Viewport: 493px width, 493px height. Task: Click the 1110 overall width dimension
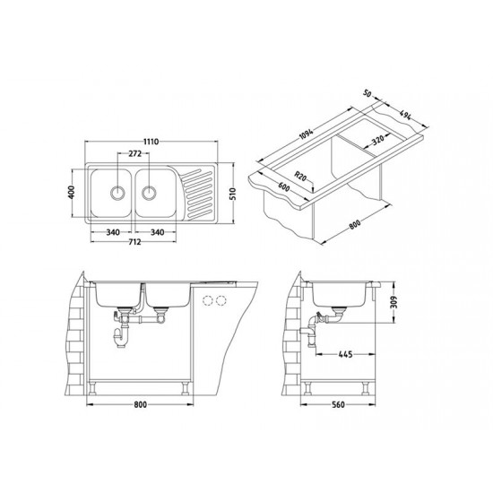[x=151, y=142]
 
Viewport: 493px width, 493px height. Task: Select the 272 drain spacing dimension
[x=134, y=154]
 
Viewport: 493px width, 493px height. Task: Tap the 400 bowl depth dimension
[x=72, y=192]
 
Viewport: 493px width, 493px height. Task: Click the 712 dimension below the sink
[x=134, y=242]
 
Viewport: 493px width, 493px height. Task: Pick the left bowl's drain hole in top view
[x=117, y=193]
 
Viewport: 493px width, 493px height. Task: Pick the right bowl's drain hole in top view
[x=149, y=193]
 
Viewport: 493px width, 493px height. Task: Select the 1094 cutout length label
[x=306, y=134]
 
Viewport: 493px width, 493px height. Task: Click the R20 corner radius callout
[x=300, y=176]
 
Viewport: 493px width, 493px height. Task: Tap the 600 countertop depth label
[x=283, y=186]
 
